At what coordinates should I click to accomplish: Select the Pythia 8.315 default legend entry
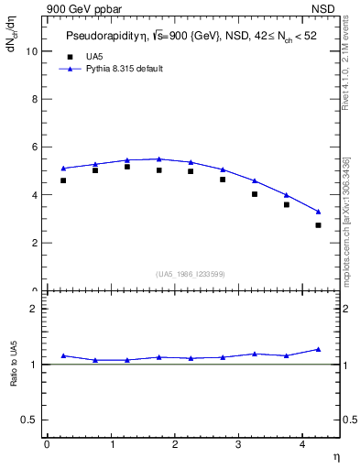coord(125,69)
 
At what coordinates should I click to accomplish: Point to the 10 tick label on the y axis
coord(31,51)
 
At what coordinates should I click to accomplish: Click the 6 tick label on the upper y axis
coord(34,147)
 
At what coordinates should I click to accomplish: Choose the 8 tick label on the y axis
coord(34,99)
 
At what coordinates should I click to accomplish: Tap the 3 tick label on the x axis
coord(238,444)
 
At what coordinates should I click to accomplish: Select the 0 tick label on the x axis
coord(47,444)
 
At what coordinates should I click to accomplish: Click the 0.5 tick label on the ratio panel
coord(29,420)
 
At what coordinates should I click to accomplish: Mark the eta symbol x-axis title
coord(335,455)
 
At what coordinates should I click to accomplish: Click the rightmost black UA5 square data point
coord(318,225)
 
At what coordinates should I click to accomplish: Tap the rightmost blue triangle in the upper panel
coord(318,212)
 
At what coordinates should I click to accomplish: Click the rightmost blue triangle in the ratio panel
coord(318,349)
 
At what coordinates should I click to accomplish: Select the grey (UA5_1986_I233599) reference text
coord(191,273)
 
